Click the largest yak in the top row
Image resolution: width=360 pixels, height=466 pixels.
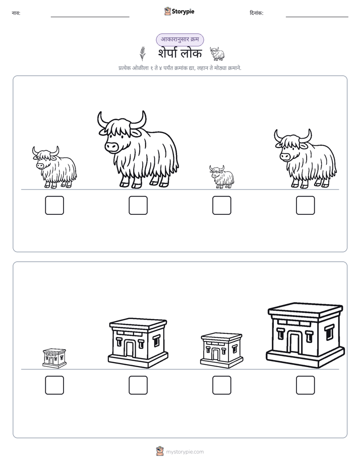point(138,150)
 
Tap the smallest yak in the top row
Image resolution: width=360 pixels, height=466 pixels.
point(221,177)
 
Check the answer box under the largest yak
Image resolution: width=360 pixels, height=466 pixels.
point(138,205)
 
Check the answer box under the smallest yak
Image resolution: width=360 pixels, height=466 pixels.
point(221,205)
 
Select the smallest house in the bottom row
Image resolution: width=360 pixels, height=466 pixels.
point(54,359)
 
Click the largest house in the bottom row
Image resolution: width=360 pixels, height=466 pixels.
point(306,335)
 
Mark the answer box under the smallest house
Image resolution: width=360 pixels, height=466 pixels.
point(54,385)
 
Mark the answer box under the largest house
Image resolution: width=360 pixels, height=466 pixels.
point(306,385)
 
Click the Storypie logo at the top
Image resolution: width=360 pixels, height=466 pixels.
point(179,11)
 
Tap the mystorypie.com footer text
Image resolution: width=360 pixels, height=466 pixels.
point(185,452)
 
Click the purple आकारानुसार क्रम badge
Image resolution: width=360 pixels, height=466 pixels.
point(180,39)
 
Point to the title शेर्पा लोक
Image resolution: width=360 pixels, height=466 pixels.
point(180,53)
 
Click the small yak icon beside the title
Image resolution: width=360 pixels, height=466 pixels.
point(217,53)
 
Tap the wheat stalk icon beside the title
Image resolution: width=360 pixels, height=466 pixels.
point(143,53)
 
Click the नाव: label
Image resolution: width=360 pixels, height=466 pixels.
point(16,13)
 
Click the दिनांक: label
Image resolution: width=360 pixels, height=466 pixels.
point(257,13)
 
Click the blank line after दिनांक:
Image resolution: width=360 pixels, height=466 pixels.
point(317,17)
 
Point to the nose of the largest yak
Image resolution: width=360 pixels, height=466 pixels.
point(112,147)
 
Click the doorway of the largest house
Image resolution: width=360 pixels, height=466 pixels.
point(294,343)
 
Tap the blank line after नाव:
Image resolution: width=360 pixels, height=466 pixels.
point(90,17)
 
